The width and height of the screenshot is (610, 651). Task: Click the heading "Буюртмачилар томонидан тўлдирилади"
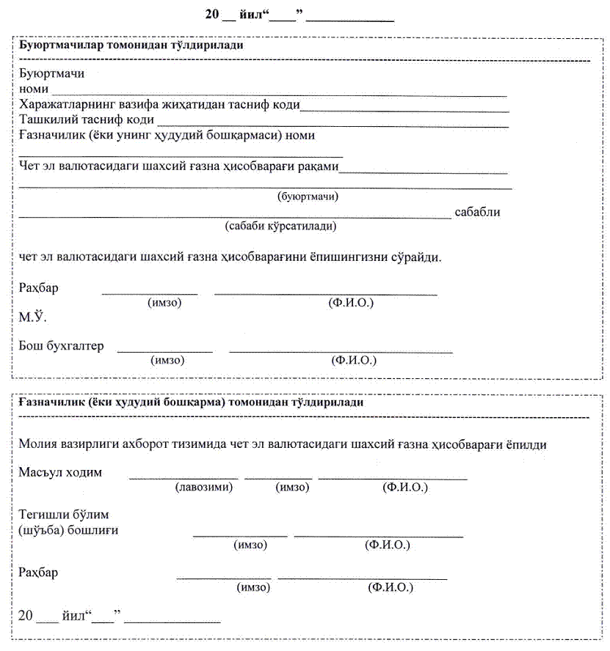tap(131, 45)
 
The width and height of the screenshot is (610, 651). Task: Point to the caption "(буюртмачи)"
tap(308, 196)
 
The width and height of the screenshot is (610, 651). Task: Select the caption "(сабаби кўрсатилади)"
tap(280, 227)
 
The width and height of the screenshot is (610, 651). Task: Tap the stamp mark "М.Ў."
tap(33, 318)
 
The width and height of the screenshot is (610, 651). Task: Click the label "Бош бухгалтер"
tap(62, 346)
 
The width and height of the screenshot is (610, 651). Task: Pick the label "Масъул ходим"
tap(60, 473)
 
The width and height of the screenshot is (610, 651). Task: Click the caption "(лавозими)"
tap(203, 488)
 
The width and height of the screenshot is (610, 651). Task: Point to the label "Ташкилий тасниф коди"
tap(87, 119)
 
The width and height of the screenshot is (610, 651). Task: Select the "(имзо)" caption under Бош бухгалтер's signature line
tap(167, 361)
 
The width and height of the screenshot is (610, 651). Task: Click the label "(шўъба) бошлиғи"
tap(69, 530)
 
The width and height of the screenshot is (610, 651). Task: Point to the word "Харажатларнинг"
tap(65, 104)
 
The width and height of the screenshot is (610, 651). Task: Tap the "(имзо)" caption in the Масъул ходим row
tap(291, 488)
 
